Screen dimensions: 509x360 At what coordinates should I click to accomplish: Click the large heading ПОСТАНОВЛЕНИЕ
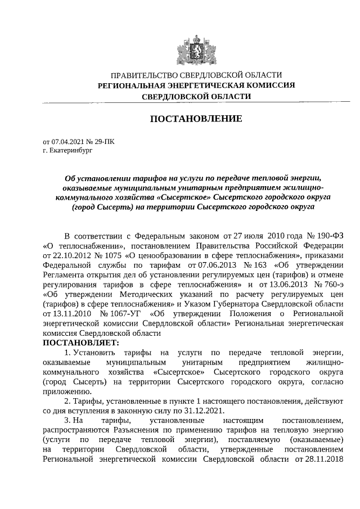click(x=195, y=119)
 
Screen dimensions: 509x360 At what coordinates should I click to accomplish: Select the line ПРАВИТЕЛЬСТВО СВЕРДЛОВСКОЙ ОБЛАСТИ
click(x=196, y=74)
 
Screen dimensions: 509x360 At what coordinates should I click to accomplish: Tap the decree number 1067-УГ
click(x=122, y=312)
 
